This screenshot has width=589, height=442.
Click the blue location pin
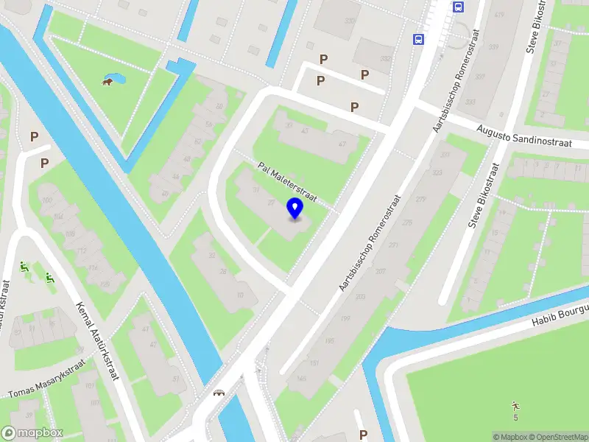(295, 208)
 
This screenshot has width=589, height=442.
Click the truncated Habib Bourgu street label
(560, 315)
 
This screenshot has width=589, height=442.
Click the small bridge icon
(219, 393)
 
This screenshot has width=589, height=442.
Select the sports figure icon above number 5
(515, 405)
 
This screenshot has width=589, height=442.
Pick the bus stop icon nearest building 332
(418, 39)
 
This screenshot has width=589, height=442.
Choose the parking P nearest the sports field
(362, 434)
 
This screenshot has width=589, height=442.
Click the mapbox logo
(32, 433)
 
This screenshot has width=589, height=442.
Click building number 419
(501, 14)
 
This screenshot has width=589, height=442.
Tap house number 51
(175, 379)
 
